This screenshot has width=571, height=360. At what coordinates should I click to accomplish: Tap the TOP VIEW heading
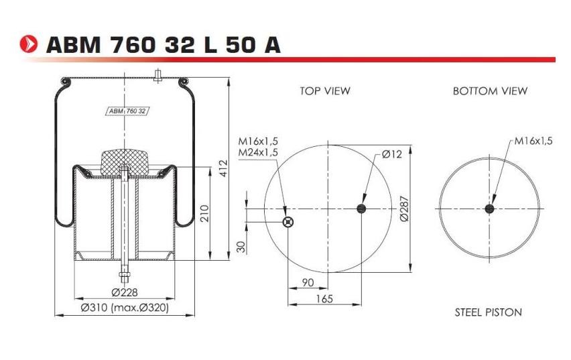[x=325, y=91]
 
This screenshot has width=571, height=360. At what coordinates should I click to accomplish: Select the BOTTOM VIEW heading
[x=490, y=91]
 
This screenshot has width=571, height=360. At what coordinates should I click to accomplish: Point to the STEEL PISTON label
[x=488, y=312]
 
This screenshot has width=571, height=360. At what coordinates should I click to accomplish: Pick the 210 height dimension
[x=205, y=214]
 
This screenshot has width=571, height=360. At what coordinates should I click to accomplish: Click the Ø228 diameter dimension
[x=125, y=292]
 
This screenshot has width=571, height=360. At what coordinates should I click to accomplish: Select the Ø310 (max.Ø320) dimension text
[x=125, y=308]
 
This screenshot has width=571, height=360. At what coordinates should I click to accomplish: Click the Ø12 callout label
[x=391, y=154]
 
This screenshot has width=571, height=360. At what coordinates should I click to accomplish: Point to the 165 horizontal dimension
[x=324, y=299]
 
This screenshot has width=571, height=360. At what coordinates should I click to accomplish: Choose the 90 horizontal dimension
[x=308, y=283]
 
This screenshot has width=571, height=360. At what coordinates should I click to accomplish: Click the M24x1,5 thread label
[x=258, y=152]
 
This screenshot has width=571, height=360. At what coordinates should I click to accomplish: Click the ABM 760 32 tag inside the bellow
[x=127, y=111]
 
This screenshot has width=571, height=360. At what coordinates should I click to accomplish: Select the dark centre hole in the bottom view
[x=489, y=209]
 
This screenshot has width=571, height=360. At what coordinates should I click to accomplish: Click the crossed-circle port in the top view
[x=288, y=223]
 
